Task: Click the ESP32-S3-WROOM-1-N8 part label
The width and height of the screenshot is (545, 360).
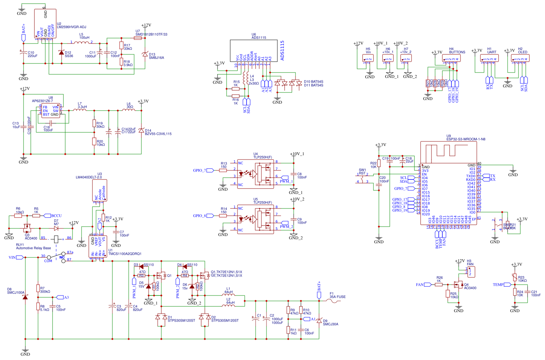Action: [x=466, y=139]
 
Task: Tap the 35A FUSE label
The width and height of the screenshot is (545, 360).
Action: [x=337, y=297]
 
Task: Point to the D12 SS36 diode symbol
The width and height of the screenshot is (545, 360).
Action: [x=61, y=53]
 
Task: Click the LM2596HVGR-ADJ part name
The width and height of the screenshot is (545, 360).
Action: [x=71, y=27]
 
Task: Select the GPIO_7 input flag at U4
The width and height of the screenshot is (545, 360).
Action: [x=210, y=170]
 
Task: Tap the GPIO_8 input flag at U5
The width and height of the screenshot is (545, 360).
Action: [x=210, y=216]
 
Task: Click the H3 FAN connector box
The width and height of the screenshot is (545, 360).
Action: [x=471, y=271]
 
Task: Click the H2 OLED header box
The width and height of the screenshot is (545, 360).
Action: [x=520, y=58]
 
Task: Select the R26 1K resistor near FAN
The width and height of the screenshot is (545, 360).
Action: [x=439, y=285]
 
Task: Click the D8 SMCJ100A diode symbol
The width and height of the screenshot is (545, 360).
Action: [x=25, y=297]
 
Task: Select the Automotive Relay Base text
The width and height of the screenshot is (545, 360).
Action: [x=33, y=248]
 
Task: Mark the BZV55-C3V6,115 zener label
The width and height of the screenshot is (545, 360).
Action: [x=158, y=134]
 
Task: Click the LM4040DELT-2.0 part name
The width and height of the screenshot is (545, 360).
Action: [x=88, y=177]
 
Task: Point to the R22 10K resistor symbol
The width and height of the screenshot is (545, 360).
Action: [x=379, y=164]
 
